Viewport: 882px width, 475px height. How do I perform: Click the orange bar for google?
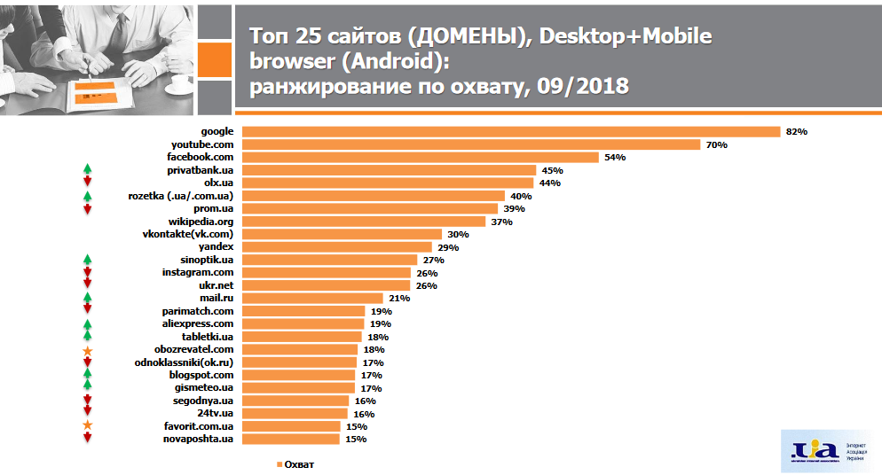point(511,132)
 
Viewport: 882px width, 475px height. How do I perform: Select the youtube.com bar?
point(471,144)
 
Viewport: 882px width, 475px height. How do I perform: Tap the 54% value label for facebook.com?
point(615,158)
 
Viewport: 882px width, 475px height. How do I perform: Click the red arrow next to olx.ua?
point(87,183)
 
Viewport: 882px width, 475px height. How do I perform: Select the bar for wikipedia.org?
point(364,222)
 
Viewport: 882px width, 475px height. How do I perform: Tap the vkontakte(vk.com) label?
point(188,234)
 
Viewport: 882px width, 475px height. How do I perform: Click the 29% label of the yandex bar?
point(447,247)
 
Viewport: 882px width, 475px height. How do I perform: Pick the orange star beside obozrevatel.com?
point(87,351)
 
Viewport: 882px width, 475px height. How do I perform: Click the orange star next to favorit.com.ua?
point(87,426)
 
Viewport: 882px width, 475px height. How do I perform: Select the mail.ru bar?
point(312,299)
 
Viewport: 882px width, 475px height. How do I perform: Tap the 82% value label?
point(796,132)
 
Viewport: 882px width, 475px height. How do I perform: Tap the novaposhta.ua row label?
point(200,439)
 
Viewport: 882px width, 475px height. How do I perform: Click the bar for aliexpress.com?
point(303,324)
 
